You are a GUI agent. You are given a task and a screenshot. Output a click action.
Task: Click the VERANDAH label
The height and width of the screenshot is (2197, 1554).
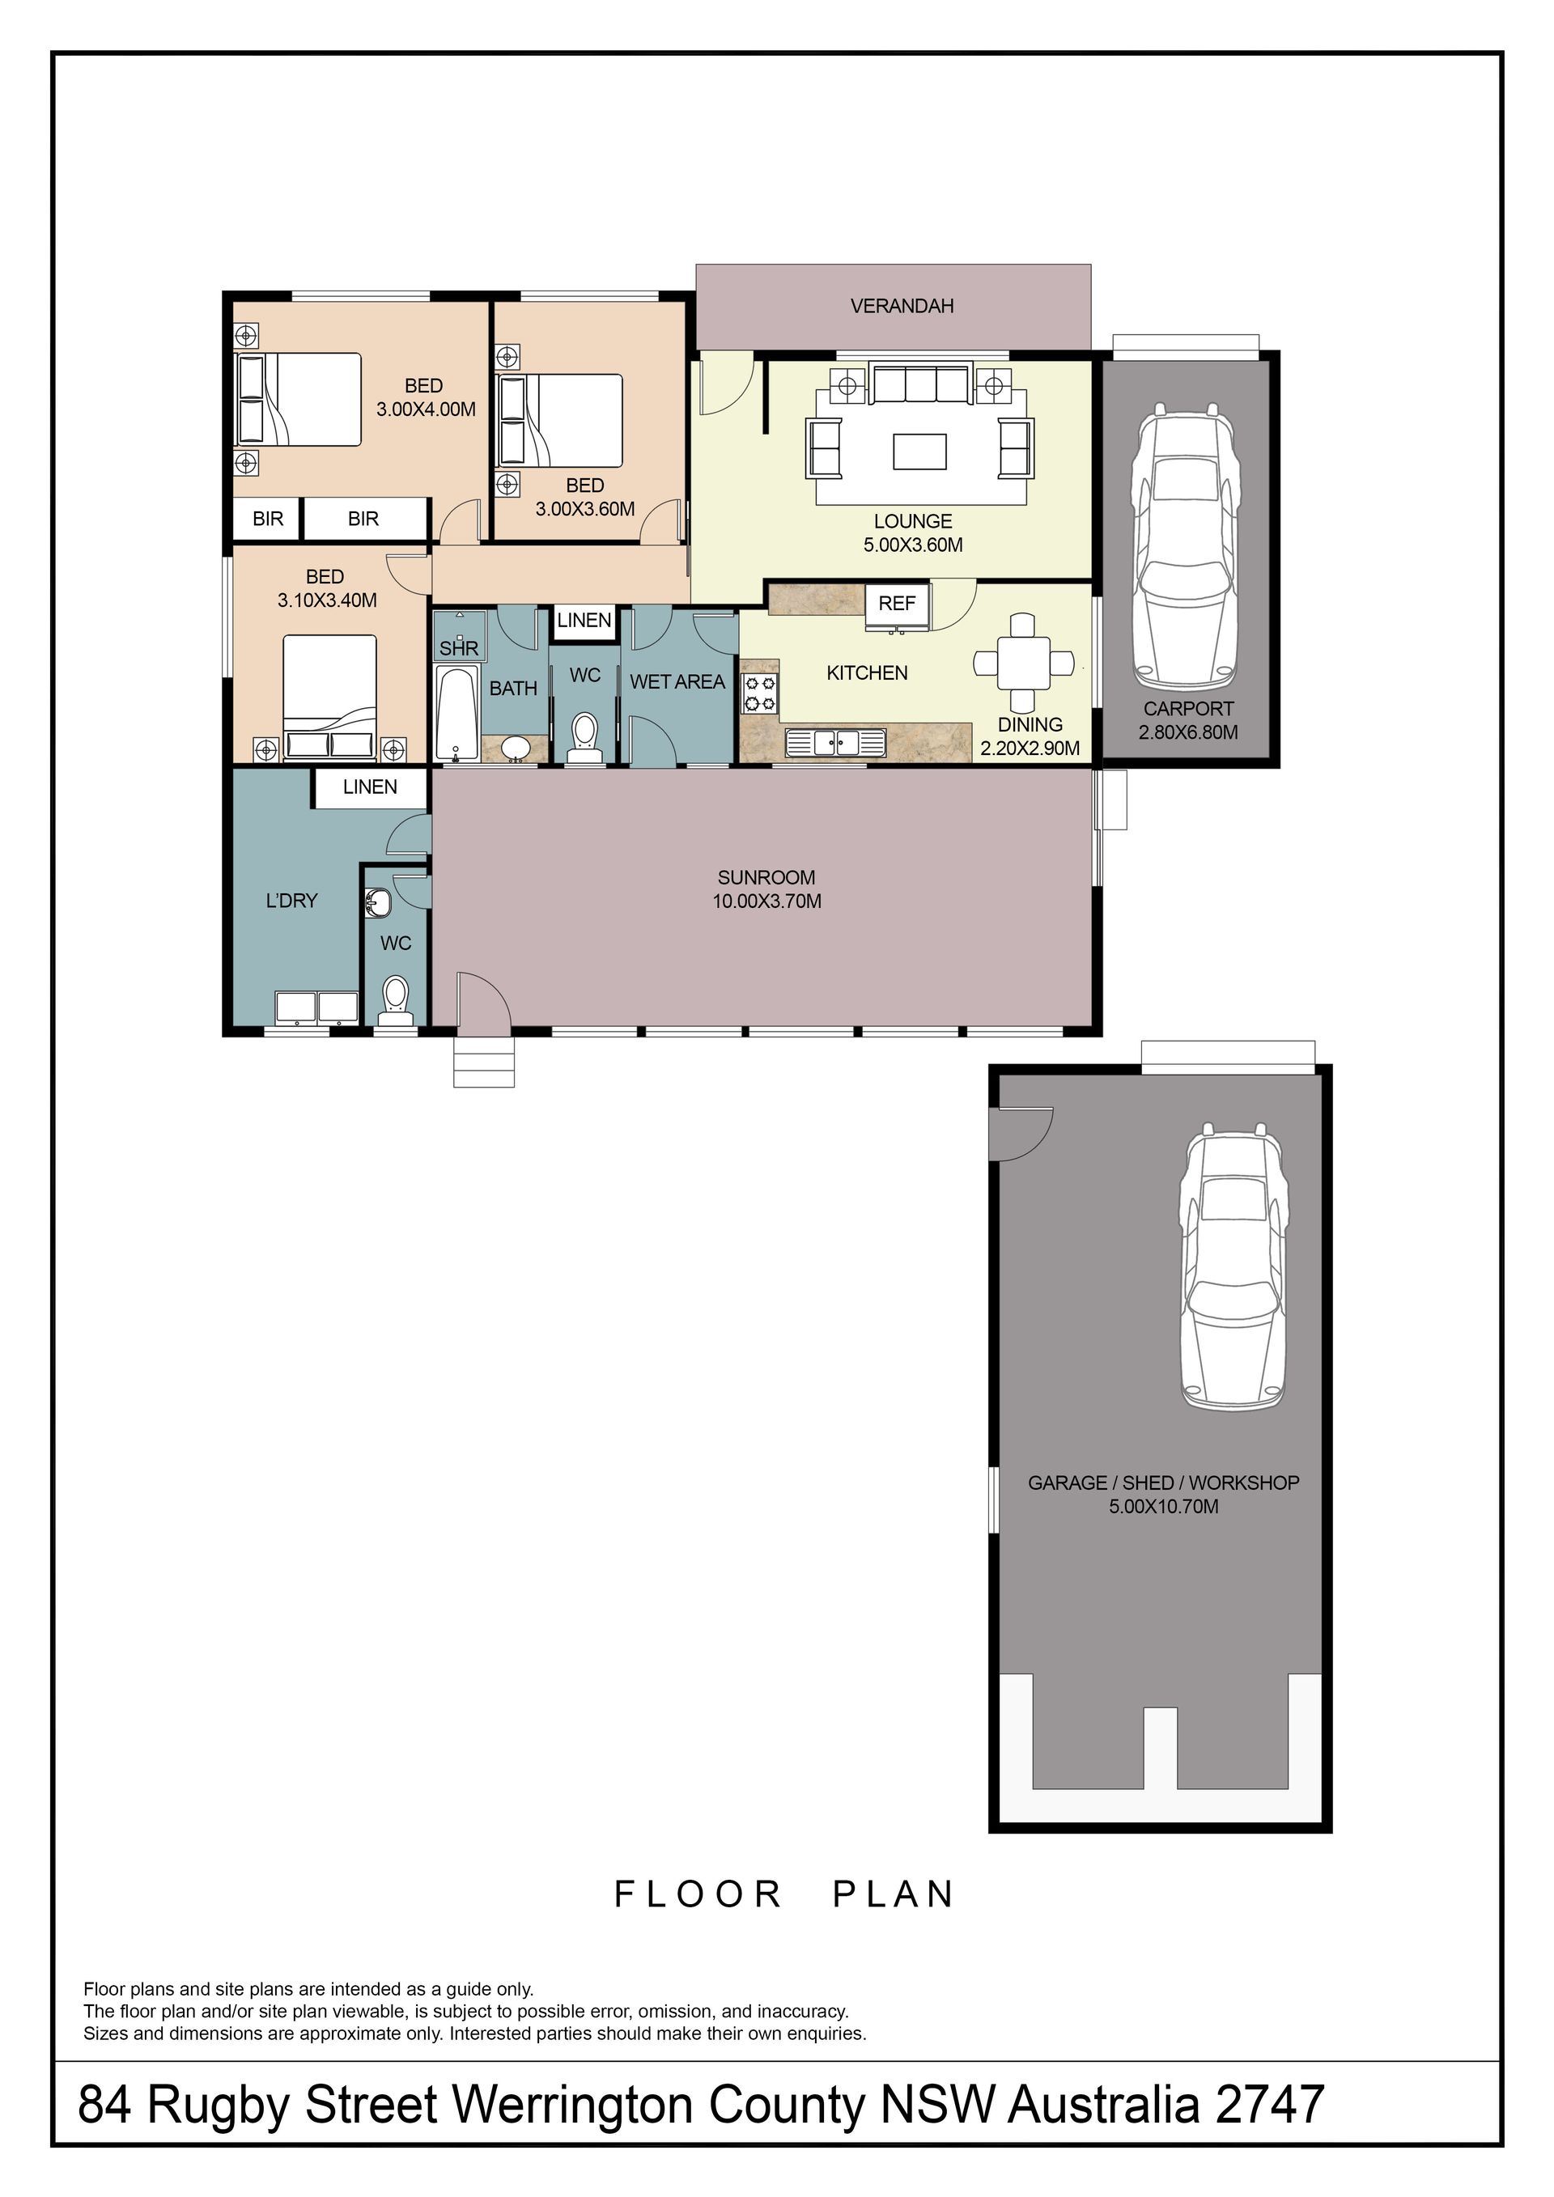[x=902, y=306]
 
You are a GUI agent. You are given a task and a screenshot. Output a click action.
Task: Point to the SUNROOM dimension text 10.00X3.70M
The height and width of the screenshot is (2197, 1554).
[x=766, y=901]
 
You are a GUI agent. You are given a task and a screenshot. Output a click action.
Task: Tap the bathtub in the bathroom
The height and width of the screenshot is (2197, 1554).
[x=456, y=714]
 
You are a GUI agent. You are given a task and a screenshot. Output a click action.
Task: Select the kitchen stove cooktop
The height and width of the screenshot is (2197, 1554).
[x=760, y=693]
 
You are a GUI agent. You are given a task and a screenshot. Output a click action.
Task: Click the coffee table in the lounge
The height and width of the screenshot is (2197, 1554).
[x=919, y=452]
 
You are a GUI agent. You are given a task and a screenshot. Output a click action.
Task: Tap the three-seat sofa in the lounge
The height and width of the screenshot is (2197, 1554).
[x=922, y=384]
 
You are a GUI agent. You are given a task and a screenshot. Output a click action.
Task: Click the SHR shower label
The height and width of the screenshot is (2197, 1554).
[x=458, y=649]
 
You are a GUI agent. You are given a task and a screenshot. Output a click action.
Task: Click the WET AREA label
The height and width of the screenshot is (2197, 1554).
[x=677, y=682]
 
